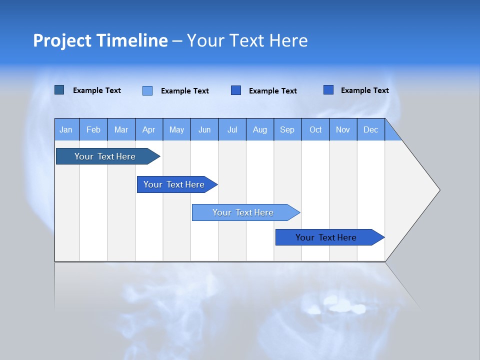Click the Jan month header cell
(66, 129)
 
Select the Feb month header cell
(93, 129)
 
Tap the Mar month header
(121, 129)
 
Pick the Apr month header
(149, 129)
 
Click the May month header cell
(176, 129)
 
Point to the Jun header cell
(204, 129)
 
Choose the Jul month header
(232, 129)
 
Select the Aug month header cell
(260, 129)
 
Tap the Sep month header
(287, 129)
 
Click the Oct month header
(315, 129)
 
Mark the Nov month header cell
(343, 129)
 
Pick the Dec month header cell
(371, 129)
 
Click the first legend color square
(59, 90)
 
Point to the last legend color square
(328, 90)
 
